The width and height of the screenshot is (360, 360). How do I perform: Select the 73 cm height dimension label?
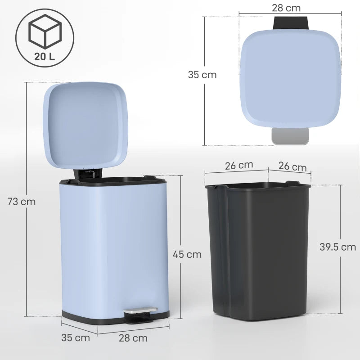pyautogui.click(x=22, y=202)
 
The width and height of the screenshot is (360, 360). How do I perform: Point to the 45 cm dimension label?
pyautogui.click(x=187, y=254)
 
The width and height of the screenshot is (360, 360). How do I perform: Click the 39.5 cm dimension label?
pyautogui.click(x=337, y=247)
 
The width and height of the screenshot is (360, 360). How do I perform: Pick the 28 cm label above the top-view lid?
pyautogui.click(x=286, y=8)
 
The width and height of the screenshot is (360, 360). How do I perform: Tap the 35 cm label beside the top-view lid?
pyautogui.click(x=202, y=75)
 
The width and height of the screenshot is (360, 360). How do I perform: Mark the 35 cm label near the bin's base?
pyautogui.click(x=76, y=337)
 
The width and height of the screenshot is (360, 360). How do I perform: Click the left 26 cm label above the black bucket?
pyautogui.click(x=239, y=165)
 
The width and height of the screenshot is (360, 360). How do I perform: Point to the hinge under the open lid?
pyautogui.click(x=85, y=173)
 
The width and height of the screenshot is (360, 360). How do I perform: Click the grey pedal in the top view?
pyautogui.click(x=290, y=136)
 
